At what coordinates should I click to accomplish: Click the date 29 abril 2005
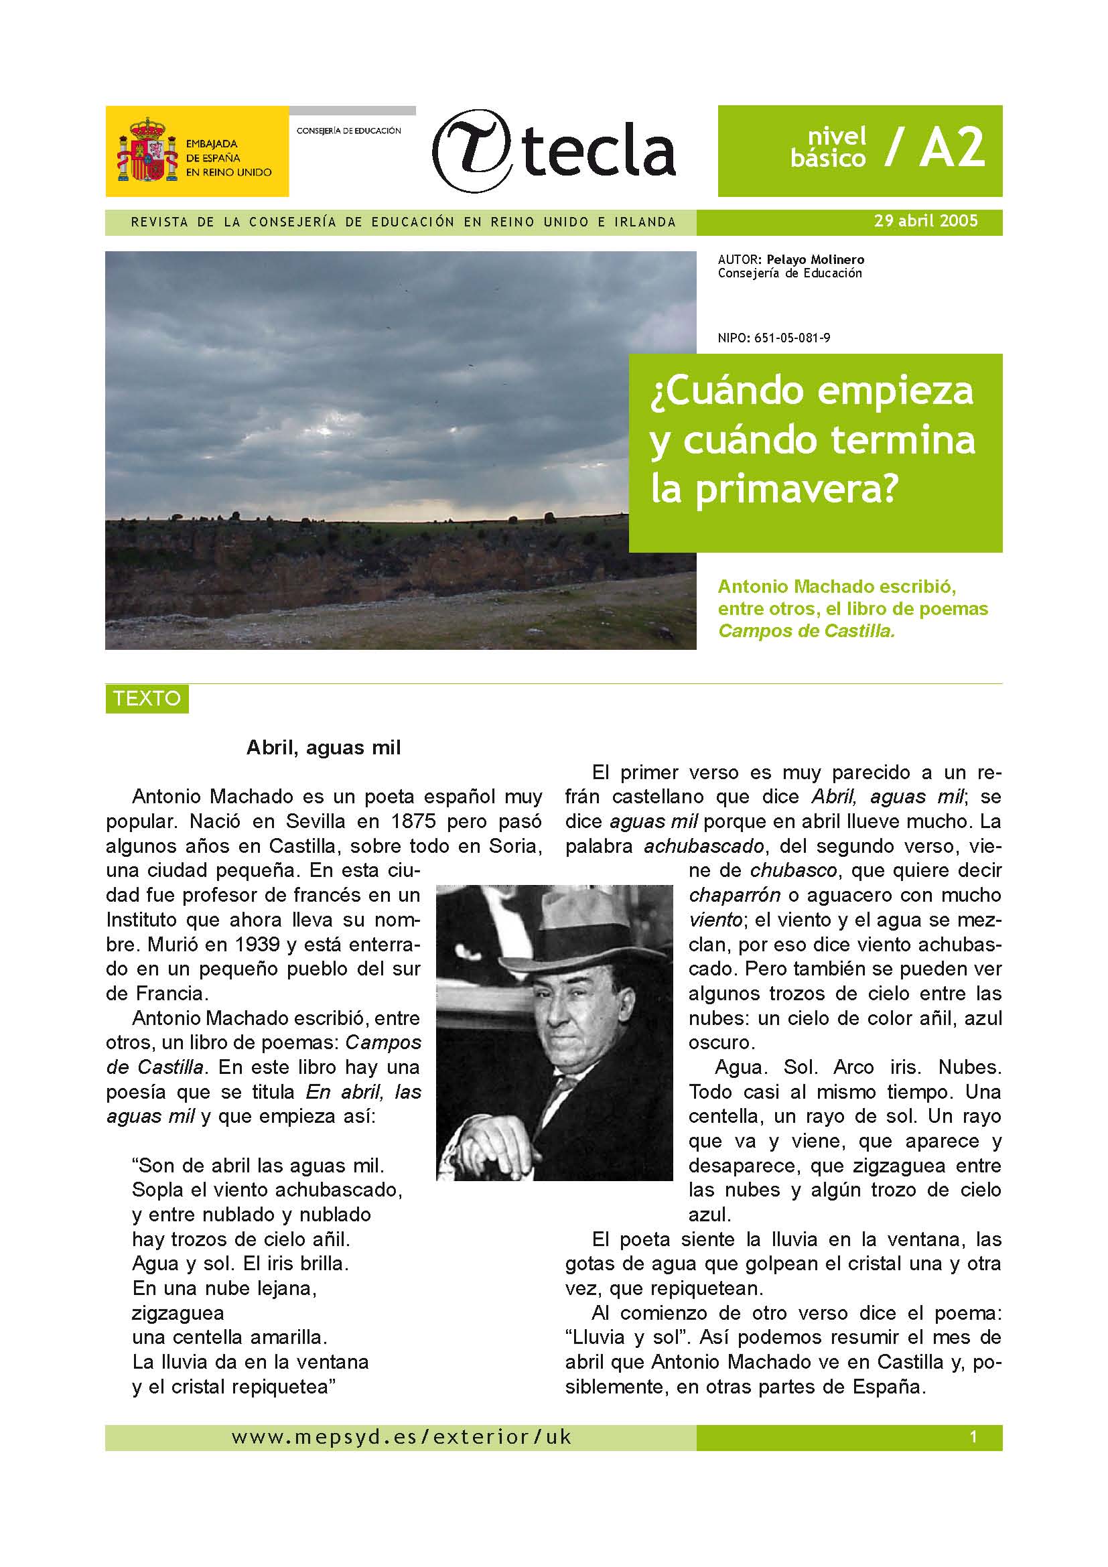[x=926, y=221]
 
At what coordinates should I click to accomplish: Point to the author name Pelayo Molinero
[x=815, y=259]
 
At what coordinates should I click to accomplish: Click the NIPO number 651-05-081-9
[x=792, y=338]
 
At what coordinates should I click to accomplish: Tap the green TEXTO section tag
[x=147, y=699]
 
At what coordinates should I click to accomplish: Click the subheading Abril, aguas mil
[x=324, y=748]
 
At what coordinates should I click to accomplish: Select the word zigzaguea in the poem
[x=178, y=1312]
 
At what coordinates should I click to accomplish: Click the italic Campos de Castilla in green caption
[x=806, y=630]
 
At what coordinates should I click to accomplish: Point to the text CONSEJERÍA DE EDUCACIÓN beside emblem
[x=348, y=131]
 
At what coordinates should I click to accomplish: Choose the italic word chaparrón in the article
[x=734, y=896]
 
